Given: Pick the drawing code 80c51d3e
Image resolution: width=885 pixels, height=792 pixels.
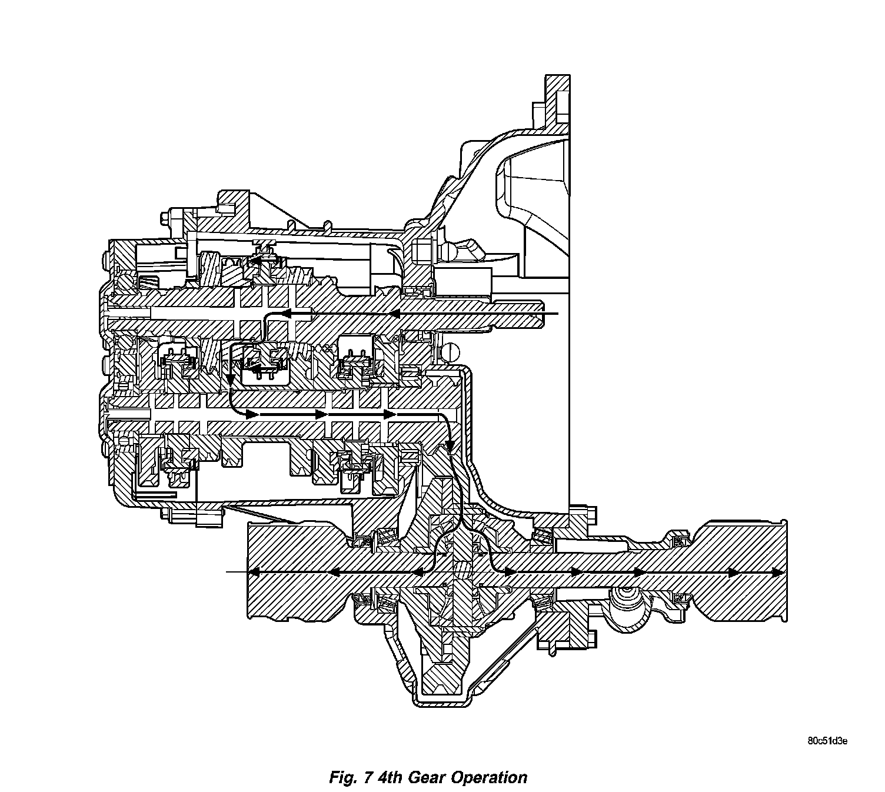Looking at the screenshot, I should pyautogui.click(x=827, y=741).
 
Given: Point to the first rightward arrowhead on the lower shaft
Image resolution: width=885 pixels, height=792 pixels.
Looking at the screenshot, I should pyautogui.click(x=252, y=414).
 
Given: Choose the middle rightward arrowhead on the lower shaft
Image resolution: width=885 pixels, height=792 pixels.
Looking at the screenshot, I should pyautogui.click(x=321, y=414).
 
